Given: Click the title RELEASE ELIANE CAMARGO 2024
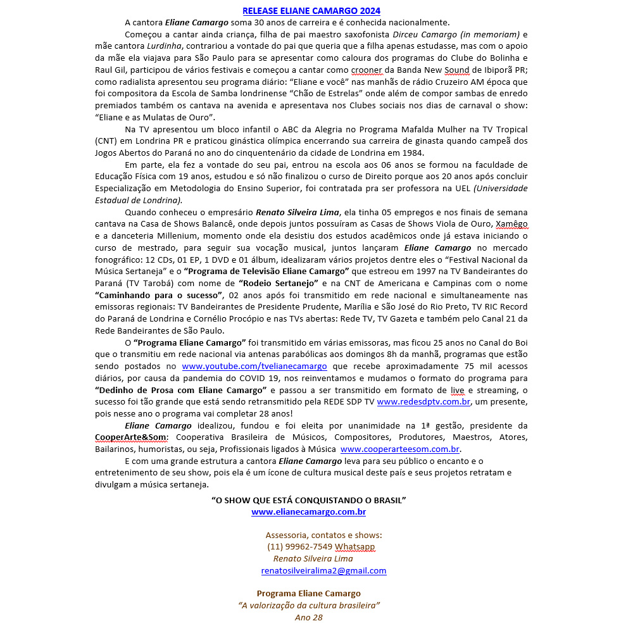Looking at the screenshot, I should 311,11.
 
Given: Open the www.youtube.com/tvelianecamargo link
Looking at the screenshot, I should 254,367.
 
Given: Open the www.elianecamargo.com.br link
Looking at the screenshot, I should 308,512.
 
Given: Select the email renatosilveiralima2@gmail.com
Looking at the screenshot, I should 323,571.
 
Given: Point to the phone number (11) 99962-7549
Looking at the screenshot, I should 300,547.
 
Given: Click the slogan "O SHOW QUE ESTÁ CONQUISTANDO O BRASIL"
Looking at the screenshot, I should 308,500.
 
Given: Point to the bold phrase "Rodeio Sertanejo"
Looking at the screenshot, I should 279,284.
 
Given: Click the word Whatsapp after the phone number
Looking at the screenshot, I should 354,547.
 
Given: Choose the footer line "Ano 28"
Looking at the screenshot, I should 308,618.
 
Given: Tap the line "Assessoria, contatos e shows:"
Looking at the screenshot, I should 323,535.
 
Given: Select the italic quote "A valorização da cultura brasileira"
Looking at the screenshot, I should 308,606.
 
